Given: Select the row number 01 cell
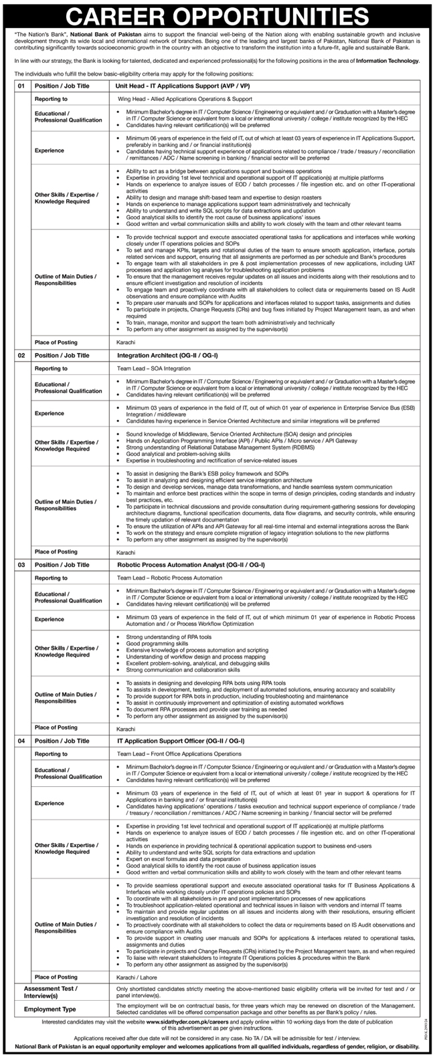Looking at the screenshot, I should (x=21, y=86).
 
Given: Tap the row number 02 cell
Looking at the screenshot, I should (x=21, y=356).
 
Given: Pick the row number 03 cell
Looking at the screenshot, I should (x=21, y=565).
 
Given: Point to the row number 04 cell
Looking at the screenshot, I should (x=21, y=741).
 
